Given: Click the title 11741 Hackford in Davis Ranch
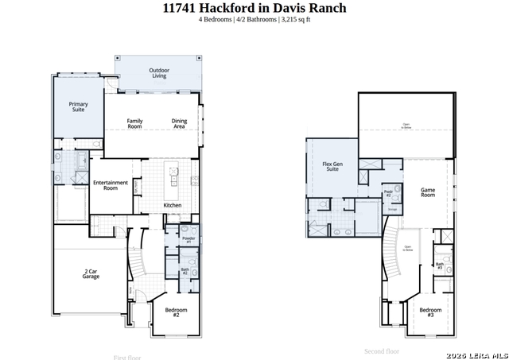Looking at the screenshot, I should click(254, 9).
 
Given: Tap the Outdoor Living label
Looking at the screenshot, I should click(159, 73).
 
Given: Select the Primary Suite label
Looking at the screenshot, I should click(78, 106).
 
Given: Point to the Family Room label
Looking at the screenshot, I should click(135, 123).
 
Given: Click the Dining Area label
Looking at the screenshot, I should click(180, 123).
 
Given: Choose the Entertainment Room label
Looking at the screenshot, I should click(111, 185).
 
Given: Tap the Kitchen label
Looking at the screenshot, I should click(173, 206).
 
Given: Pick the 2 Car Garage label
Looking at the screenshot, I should click(91, 274).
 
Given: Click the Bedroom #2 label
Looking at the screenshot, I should click(176, 312).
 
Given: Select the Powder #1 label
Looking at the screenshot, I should click(188, 239).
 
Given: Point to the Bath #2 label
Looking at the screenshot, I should click(185, 272).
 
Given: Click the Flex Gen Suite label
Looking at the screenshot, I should click(332, 167).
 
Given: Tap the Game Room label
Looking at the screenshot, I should click(428, 192).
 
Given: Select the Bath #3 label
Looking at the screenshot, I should click(439, 267).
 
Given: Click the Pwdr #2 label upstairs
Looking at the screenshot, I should click(388, 193).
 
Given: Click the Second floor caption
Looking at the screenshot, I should click(382, 350).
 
